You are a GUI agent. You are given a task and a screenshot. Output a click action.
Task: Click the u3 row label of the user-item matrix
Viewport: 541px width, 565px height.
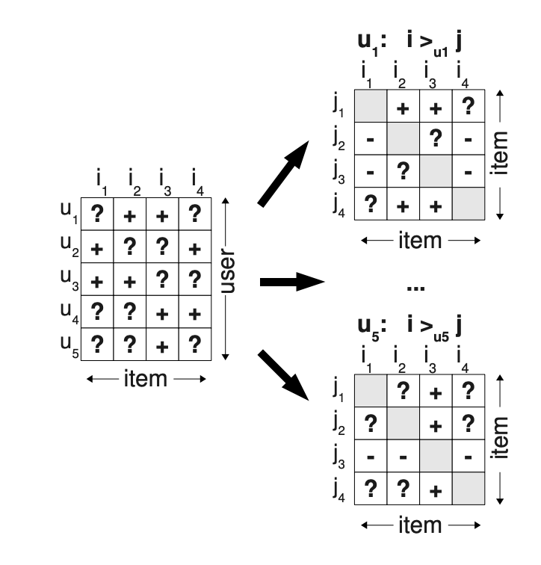(69, 280)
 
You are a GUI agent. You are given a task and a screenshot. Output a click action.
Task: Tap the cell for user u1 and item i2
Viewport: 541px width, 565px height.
(130, 214)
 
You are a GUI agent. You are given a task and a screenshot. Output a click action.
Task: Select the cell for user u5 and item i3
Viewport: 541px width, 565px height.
(162, 344)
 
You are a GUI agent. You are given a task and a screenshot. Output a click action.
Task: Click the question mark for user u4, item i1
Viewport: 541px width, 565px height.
(97, 312)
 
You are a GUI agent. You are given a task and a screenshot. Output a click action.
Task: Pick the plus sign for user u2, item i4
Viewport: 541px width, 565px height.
(194, 249)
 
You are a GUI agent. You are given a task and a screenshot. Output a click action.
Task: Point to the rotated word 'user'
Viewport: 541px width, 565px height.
(227, 271)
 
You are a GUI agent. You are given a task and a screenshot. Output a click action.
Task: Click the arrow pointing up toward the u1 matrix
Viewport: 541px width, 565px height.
(283, 174)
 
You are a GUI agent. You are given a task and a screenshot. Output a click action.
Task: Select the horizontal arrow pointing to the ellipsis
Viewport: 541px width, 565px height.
(292, 282)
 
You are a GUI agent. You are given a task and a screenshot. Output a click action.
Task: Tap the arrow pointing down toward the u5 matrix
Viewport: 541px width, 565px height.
(283, 375)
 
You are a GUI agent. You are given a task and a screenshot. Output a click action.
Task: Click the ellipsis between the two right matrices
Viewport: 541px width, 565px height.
(415, 288)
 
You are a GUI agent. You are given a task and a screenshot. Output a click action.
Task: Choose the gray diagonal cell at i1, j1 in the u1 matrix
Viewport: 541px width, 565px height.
(371, 106)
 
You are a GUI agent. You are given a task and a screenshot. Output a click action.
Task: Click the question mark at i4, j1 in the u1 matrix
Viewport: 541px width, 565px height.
(468, 106)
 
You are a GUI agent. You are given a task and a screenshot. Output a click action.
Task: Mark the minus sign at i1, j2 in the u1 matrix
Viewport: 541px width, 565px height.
(371, 140)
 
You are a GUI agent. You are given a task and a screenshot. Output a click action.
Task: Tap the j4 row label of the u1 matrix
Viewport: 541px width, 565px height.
(339, 206)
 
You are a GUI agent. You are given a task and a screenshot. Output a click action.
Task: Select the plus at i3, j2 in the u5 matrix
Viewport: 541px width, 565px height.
(436, 426)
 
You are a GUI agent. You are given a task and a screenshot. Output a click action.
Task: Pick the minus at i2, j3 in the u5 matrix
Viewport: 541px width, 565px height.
(403, 457)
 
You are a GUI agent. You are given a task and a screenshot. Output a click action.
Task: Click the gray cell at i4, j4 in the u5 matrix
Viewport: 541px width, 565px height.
(469, 488)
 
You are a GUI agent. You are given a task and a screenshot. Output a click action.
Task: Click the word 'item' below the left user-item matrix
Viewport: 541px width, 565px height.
(146, 379)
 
